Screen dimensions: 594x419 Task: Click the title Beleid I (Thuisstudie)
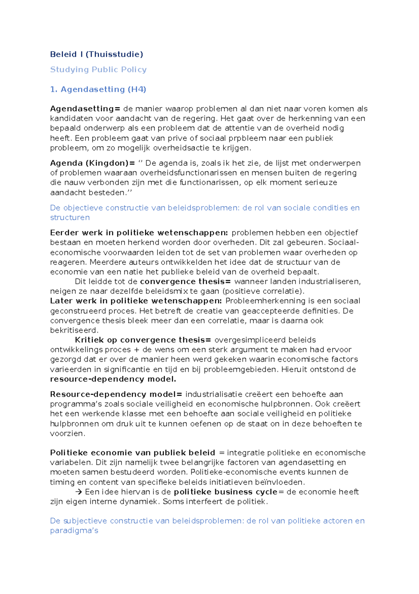tap(96, 54)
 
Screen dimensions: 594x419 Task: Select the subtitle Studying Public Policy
tap(98, 70)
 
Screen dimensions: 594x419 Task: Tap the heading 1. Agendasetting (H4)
tap(98, 89)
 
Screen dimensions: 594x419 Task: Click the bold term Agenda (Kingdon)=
tap(92, 163)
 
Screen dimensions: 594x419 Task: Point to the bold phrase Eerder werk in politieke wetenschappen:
tap(139, 233)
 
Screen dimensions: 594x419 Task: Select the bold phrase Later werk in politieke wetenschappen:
tap(135, 301)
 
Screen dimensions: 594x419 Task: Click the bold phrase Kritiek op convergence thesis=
tap(143, 340)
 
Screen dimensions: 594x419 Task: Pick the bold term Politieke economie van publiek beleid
tap(132, 453)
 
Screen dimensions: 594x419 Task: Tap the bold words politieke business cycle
tap(225, 492)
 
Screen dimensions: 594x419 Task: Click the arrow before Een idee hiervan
tap(79, 492)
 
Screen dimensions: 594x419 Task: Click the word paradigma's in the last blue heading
tap(74, 531)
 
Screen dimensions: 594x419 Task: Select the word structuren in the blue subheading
tap(70, 218)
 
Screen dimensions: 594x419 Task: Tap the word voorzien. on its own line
tap(67, 433)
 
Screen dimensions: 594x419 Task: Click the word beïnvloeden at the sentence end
tap(284, 482)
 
